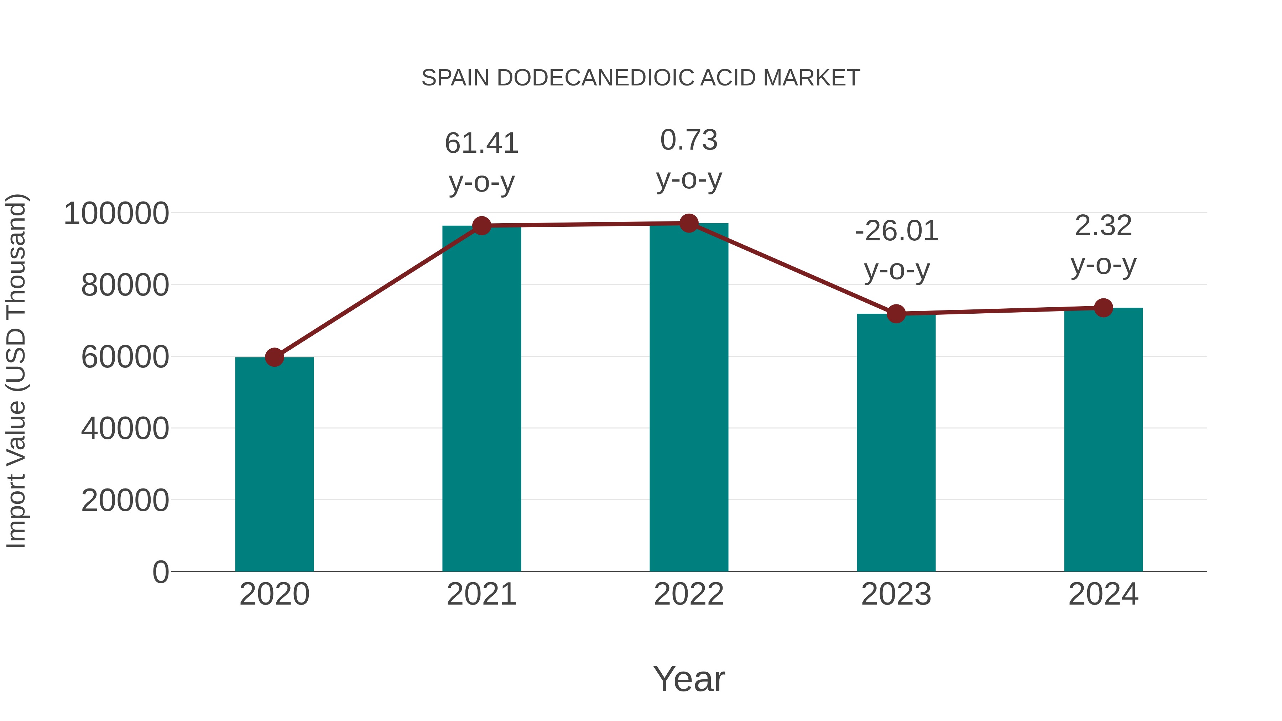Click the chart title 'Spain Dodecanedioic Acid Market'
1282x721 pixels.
pyautogui.click(x=641, y=78)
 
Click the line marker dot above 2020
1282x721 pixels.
pyautogui.click(x=274, y=357)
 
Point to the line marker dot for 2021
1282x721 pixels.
pyautogui.click(x=481, y=226)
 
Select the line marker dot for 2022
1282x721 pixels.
pyautogui.click(x=689, y=223)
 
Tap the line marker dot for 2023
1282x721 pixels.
pyautogui.click(x=896, y=314)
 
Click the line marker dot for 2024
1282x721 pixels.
pyautogui.click(x=1103, y=308)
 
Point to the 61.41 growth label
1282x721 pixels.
pyautogui.click(x=481, y=144)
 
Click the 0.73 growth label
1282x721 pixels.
pyautogui.click(x=689, y=140)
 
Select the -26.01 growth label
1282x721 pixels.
pyautogui.click(x=896, y=231)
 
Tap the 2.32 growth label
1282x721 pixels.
pyautogui.click(x=1103, y=226)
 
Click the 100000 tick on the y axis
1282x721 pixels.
pyautogui.click(x=116, y=214)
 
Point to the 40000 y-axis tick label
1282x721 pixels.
pyautogui.click(x=125, y=429)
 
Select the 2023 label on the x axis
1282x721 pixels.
pyautogui.click(x=896, y=594)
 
